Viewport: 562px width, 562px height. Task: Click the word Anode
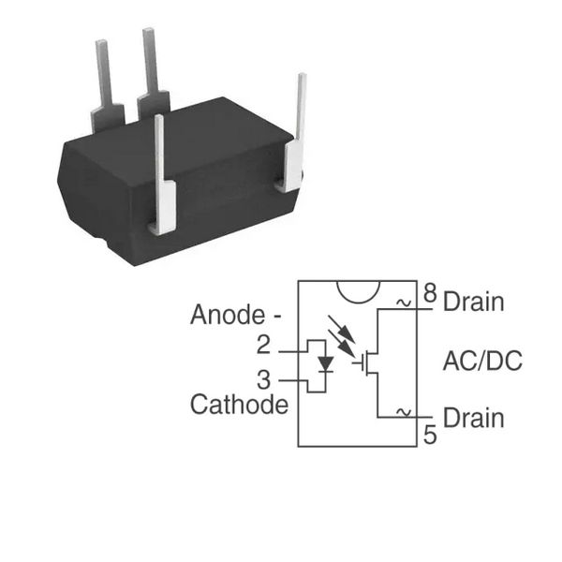coord(228,315)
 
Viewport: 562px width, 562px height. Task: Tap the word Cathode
coord(239,405)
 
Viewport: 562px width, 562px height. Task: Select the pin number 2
coord(263,345)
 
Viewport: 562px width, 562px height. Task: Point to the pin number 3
coord(264,380)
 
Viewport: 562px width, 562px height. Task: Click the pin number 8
coord(430,293)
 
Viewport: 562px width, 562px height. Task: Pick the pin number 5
coord(430,435)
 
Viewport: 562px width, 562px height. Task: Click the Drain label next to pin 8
coord(473,302)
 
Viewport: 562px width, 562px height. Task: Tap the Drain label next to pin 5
coord(473,418)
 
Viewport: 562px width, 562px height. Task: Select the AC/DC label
coord(482,361)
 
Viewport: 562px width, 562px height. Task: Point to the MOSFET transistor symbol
coord(365,362)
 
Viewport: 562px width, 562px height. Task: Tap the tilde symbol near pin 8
coord(404,303)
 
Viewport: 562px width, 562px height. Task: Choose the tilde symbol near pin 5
coord(404,412)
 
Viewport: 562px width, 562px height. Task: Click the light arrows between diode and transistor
coord(342,336)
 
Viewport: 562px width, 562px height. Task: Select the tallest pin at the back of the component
coord(154,72)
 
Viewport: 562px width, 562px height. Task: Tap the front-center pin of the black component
coord(162,176)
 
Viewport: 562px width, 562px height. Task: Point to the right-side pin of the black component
coord(295,133)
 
